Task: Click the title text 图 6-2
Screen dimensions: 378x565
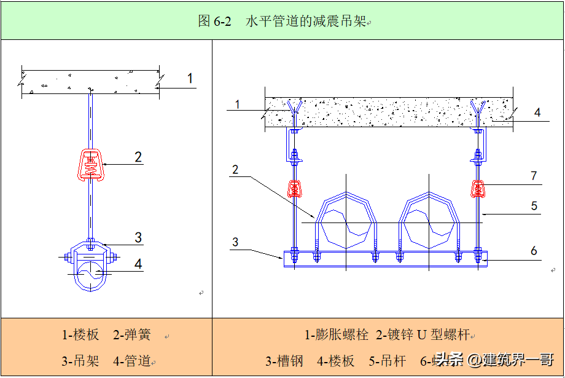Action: [x=214, y=21]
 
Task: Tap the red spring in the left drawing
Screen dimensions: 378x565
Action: [x=90, y=164]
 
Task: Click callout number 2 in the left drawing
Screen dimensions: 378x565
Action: [x=138, y=157]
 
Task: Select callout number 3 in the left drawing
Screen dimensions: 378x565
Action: [x=138, y=237]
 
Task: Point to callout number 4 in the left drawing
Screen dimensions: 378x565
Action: [x=138, y=264]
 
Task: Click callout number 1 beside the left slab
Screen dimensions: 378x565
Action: [x=190, y=78]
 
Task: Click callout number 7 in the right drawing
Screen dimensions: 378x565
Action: [x=534, y=176]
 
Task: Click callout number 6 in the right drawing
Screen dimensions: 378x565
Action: [x=534, y=250]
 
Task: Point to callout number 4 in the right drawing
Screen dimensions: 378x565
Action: [x=537, y=112]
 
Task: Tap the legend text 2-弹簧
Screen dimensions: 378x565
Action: [x=131, y=335]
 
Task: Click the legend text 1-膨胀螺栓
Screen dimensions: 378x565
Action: [x=337, y=335]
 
